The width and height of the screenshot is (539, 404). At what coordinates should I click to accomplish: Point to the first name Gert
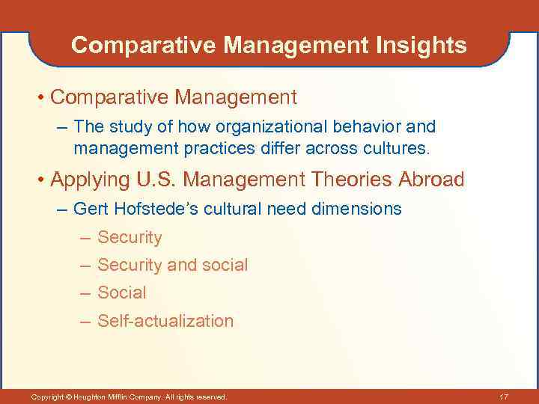[90, 209]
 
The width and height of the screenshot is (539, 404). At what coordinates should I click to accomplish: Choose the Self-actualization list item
[165, 322]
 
